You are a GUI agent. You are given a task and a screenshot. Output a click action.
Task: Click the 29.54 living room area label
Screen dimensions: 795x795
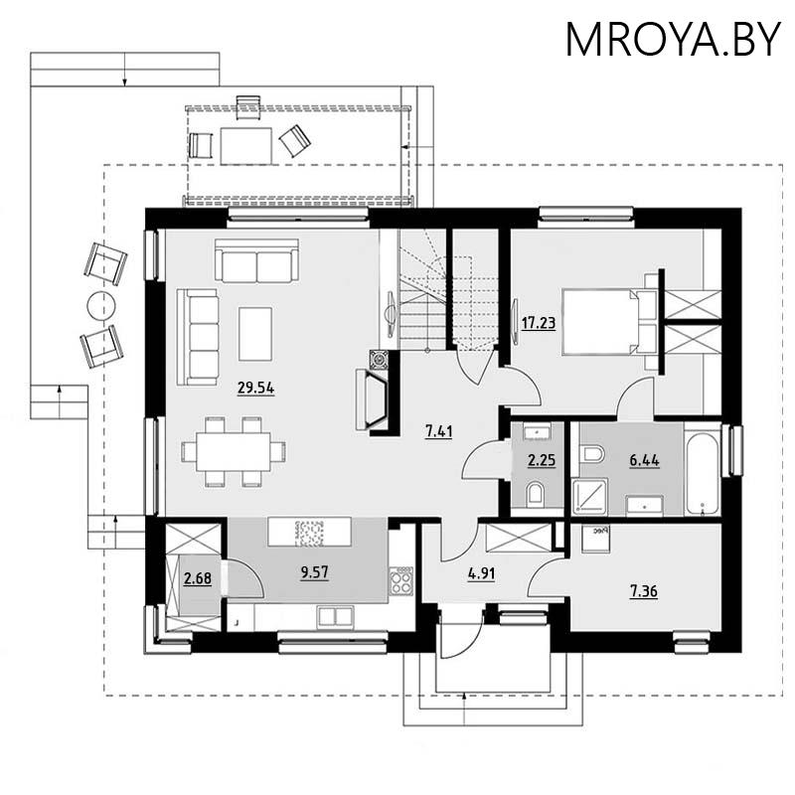(256, 389)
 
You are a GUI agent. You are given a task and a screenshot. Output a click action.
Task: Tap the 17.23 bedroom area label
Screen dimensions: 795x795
(539, 322)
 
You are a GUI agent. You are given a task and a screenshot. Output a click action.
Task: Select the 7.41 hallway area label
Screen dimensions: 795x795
(438, 432)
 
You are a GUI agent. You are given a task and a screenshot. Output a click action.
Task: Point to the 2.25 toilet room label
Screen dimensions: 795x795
(542, 460)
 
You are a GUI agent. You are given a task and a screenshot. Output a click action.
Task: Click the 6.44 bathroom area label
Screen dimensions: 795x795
(644, 460)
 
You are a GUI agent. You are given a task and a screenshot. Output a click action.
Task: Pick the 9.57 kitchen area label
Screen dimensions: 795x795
(314, 573)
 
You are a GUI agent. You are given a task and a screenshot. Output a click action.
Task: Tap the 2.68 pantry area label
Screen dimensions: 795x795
(197, 578)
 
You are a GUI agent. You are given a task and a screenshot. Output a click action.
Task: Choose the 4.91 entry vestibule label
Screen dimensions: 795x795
(481, 574)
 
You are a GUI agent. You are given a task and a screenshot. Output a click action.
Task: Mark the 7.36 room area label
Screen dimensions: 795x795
(643, 591)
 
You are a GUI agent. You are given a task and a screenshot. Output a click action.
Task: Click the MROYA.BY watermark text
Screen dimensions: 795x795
(673, 40)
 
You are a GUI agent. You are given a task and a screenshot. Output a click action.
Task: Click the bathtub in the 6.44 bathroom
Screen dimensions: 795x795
(703, 473)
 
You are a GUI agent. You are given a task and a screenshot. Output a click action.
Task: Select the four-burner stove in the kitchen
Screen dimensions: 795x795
(401, 580)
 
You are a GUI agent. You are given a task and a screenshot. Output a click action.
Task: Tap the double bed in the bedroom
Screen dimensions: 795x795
(608, 321)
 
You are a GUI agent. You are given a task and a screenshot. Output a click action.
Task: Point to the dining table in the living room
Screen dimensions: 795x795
(234, 451)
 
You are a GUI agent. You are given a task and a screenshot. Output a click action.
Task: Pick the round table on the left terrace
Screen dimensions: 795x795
(101, 306)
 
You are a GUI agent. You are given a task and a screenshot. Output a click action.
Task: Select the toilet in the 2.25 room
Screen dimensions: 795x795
(535, 494)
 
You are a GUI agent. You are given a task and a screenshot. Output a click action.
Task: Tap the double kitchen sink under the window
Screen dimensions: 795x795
(336, 617)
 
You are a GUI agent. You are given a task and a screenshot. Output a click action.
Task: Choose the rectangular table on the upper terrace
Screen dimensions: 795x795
(245, 146)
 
